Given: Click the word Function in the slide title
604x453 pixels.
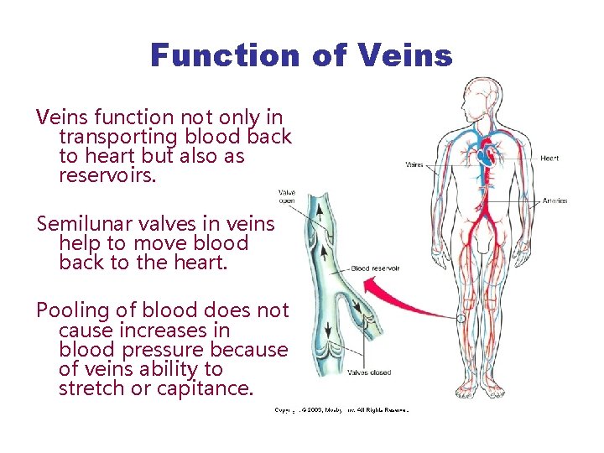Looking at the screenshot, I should (x=224, y=55).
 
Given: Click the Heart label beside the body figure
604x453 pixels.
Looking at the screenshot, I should (x=549, y=158).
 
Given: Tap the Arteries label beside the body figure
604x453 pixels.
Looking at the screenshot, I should (x=555, y=200).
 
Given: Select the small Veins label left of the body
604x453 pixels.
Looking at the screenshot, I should (x=414, y=165).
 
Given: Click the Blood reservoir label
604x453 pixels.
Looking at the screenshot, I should (x=375, y=268).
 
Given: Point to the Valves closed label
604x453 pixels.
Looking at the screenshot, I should (x=369, y=372).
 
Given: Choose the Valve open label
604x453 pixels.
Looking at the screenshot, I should (x=286, y=197).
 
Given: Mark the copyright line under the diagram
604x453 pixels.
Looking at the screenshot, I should (x=341, y=410).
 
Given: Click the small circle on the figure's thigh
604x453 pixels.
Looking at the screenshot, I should (x=461, y=319).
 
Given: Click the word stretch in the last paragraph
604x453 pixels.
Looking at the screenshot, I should (x=90, y=389).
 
